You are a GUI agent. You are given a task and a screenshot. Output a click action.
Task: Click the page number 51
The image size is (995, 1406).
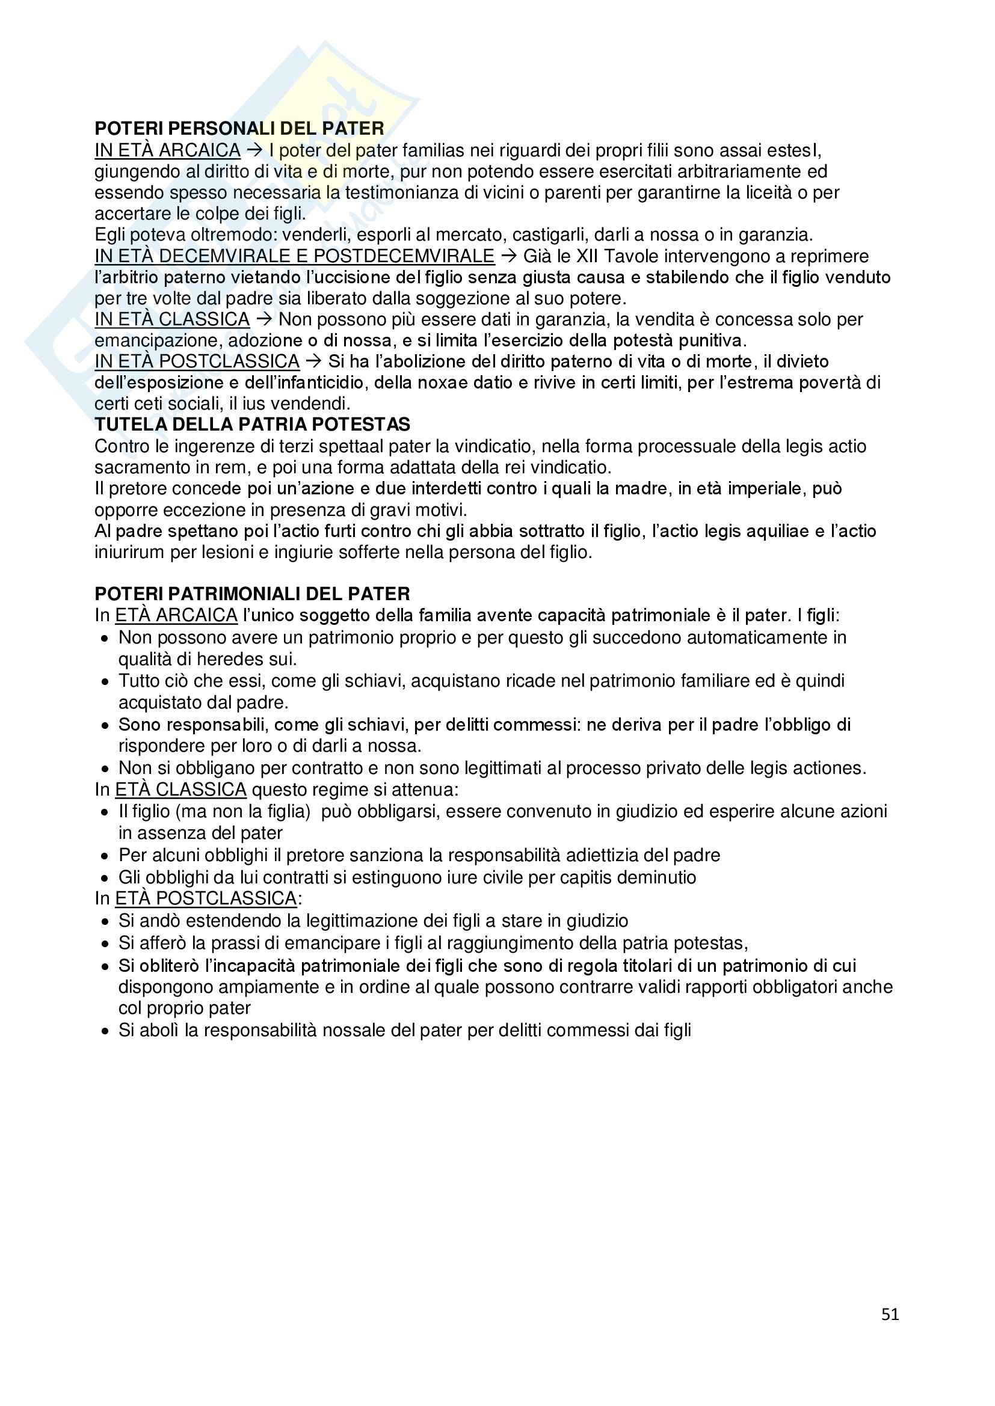tap(890, 1313)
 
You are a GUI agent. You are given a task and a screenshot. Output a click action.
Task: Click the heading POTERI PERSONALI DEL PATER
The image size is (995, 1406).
tap(239, 129)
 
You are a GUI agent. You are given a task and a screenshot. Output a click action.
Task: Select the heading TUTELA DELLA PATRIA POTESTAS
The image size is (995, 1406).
tap(253, 425)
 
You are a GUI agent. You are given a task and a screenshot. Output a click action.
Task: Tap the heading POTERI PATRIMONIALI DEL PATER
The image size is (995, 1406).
tap(253, 594)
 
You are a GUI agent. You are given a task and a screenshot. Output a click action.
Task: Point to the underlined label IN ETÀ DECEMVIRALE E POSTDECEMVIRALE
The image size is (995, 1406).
tap(294, 256)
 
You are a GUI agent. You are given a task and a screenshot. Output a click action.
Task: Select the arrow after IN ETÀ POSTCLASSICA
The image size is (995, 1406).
tap(313, 361)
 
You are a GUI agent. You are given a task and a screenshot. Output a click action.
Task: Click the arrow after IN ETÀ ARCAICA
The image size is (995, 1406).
tap(254, 150)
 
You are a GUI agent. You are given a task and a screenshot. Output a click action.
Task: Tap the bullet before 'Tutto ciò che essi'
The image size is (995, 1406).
tap(105, 681)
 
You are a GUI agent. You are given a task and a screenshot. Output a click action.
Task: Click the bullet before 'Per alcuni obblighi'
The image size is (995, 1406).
tap(105, 856)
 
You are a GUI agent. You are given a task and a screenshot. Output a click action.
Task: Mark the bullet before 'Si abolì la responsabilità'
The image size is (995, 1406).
tap(105, 1031)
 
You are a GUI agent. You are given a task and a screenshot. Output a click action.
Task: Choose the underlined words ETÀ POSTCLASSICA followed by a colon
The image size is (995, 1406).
tap(206, 898)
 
